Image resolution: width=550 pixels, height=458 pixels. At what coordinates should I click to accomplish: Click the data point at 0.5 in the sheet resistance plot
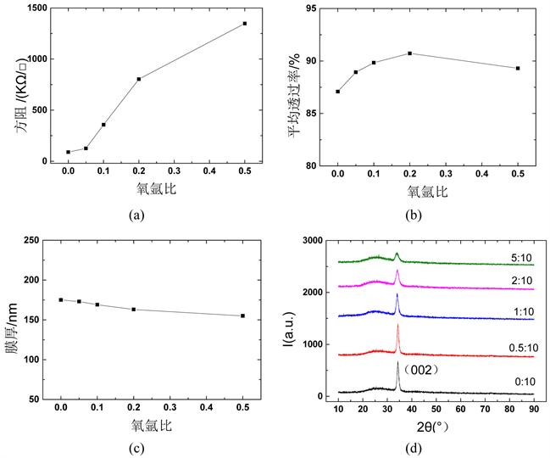click(x=244, y=24)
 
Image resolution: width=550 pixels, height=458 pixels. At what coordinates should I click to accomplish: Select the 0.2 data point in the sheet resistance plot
click(x=139, y=79)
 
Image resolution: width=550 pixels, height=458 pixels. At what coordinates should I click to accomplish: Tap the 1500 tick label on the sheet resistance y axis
click(x=36, y=8)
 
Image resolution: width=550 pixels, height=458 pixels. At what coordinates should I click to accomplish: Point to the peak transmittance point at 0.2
click(x=410, y=53)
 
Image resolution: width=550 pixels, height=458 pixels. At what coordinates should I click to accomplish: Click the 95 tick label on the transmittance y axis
click(x=309, y=8)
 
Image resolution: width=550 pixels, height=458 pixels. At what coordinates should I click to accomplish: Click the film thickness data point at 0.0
click(x=61, y=299)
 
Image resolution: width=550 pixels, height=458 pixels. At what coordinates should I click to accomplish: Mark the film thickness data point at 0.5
click(x=243, y=316)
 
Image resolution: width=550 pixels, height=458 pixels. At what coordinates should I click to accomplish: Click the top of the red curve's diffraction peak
click(x=397, y=325)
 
